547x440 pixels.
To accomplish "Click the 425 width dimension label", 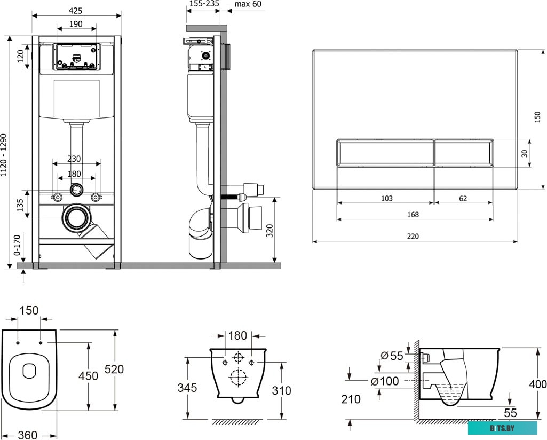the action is pyautogui.click(x=75, y=11).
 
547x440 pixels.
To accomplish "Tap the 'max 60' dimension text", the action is pyautogui.click(x=248, y=4).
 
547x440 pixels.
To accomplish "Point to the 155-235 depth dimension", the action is pyautogui.click(x=204, y=4).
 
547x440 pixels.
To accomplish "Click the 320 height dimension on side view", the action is pyautogui.click(x=269, y=231).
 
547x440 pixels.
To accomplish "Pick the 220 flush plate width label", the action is pyautogui.click(x=413, y=236).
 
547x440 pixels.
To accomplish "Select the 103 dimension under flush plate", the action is pyautogui.click(x=386, y=198).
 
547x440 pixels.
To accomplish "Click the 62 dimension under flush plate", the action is pyautogui.click(x=463, y=198).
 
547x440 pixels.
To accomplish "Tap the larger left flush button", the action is pyautogui.click(x=385, y=153).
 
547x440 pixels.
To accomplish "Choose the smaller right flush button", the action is pyautogui.click(x=464, y=153).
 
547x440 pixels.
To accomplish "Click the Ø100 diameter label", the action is pyautogui.click(x=385, y=381).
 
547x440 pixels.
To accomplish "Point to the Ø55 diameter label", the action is pyautogui.click(x=392, y=356).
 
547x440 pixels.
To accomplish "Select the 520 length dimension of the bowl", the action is pyautogui.click(x=114, y=369).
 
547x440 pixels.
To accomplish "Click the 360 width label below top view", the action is pyautogui.click(x=28, y=435).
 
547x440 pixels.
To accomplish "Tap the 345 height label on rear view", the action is pyautogui.click(x=187, y=387).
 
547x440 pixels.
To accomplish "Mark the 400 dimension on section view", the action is pyautogui.click(x=537, y=384).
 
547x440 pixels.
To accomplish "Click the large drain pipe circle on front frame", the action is pyautogui.click(x=76, y=218).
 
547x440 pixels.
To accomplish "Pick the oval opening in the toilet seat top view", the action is pyautogui.click(x=29, y=371).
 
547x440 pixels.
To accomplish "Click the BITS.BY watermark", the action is pyautogui.click(x=502, y=428).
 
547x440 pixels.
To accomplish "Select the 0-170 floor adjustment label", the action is pyautogui.click(x=17, y=245).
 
